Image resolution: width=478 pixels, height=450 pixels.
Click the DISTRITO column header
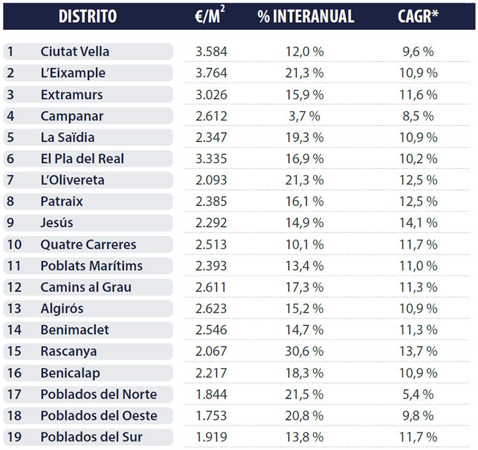[x=87, y=16]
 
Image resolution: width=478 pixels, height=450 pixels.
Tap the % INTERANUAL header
[x=306, y=16]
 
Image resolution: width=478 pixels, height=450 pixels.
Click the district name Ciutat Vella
[x=75, y=51]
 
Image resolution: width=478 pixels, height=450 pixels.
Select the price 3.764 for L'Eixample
[x=212, y=73]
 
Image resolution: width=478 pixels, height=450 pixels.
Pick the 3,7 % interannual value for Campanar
[x=306, y=116]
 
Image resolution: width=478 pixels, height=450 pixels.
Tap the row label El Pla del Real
[x=82, y=159]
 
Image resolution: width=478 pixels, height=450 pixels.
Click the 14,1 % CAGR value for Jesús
[x=418, y=223]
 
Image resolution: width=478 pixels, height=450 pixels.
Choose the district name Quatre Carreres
[x=88, y=244]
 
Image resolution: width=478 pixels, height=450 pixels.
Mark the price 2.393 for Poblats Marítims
[x=212, y=266]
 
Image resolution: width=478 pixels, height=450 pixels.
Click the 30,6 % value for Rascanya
[x=306, y=351]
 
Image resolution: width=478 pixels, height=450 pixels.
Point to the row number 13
[x=14, y=309]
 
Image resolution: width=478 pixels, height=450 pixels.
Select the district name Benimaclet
[x=75, y=330]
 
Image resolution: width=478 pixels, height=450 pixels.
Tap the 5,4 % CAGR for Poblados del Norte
[x=418, y=394]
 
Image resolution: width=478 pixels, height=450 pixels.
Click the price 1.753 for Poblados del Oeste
[x=212, y=416]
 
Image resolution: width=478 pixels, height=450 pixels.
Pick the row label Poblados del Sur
[x=91, y=437]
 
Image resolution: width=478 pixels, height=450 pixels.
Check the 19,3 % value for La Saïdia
[x=306, y=137]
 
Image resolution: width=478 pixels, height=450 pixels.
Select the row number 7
[x=11, y=180]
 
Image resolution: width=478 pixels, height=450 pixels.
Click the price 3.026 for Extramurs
[x=212, y=94]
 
